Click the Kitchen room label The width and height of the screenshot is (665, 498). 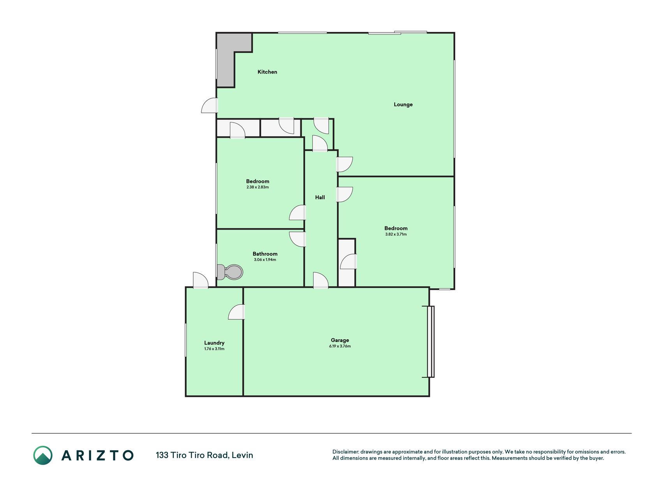pos(267,72)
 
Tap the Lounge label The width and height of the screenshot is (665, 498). pos(403,105)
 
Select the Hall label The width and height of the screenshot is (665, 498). pos(320,197)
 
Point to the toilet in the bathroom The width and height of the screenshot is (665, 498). pos(229,272)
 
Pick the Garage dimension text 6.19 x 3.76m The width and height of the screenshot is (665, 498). pos(340,346)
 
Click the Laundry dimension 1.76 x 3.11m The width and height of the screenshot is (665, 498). pos(214,349)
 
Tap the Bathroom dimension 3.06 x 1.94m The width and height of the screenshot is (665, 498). pos(265,260)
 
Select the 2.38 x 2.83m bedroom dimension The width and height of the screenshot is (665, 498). pos(258,187)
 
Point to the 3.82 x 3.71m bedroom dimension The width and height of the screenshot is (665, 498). pos(396,234)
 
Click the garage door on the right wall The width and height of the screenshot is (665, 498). pos(430,342)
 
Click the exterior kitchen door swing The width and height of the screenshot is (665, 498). pos(210,105)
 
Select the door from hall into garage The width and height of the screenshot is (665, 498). pos(321,280)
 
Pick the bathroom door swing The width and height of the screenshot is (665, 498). pos(297,239)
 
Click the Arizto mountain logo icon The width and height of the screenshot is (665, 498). pos(43,455)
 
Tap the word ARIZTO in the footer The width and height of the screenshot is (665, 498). pos(97,455)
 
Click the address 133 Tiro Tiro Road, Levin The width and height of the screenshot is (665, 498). pos(205,455)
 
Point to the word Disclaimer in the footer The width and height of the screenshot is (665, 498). pos(345,452)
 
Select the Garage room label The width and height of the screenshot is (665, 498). pos(340,340)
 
